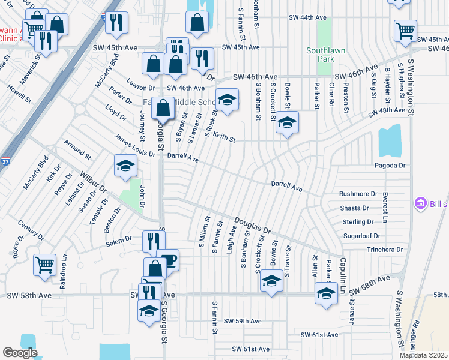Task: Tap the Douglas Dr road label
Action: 253,227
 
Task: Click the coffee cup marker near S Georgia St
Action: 168,260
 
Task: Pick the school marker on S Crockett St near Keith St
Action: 287,122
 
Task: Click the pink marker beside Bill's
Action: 420,205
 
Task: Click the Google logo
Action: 20,353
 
